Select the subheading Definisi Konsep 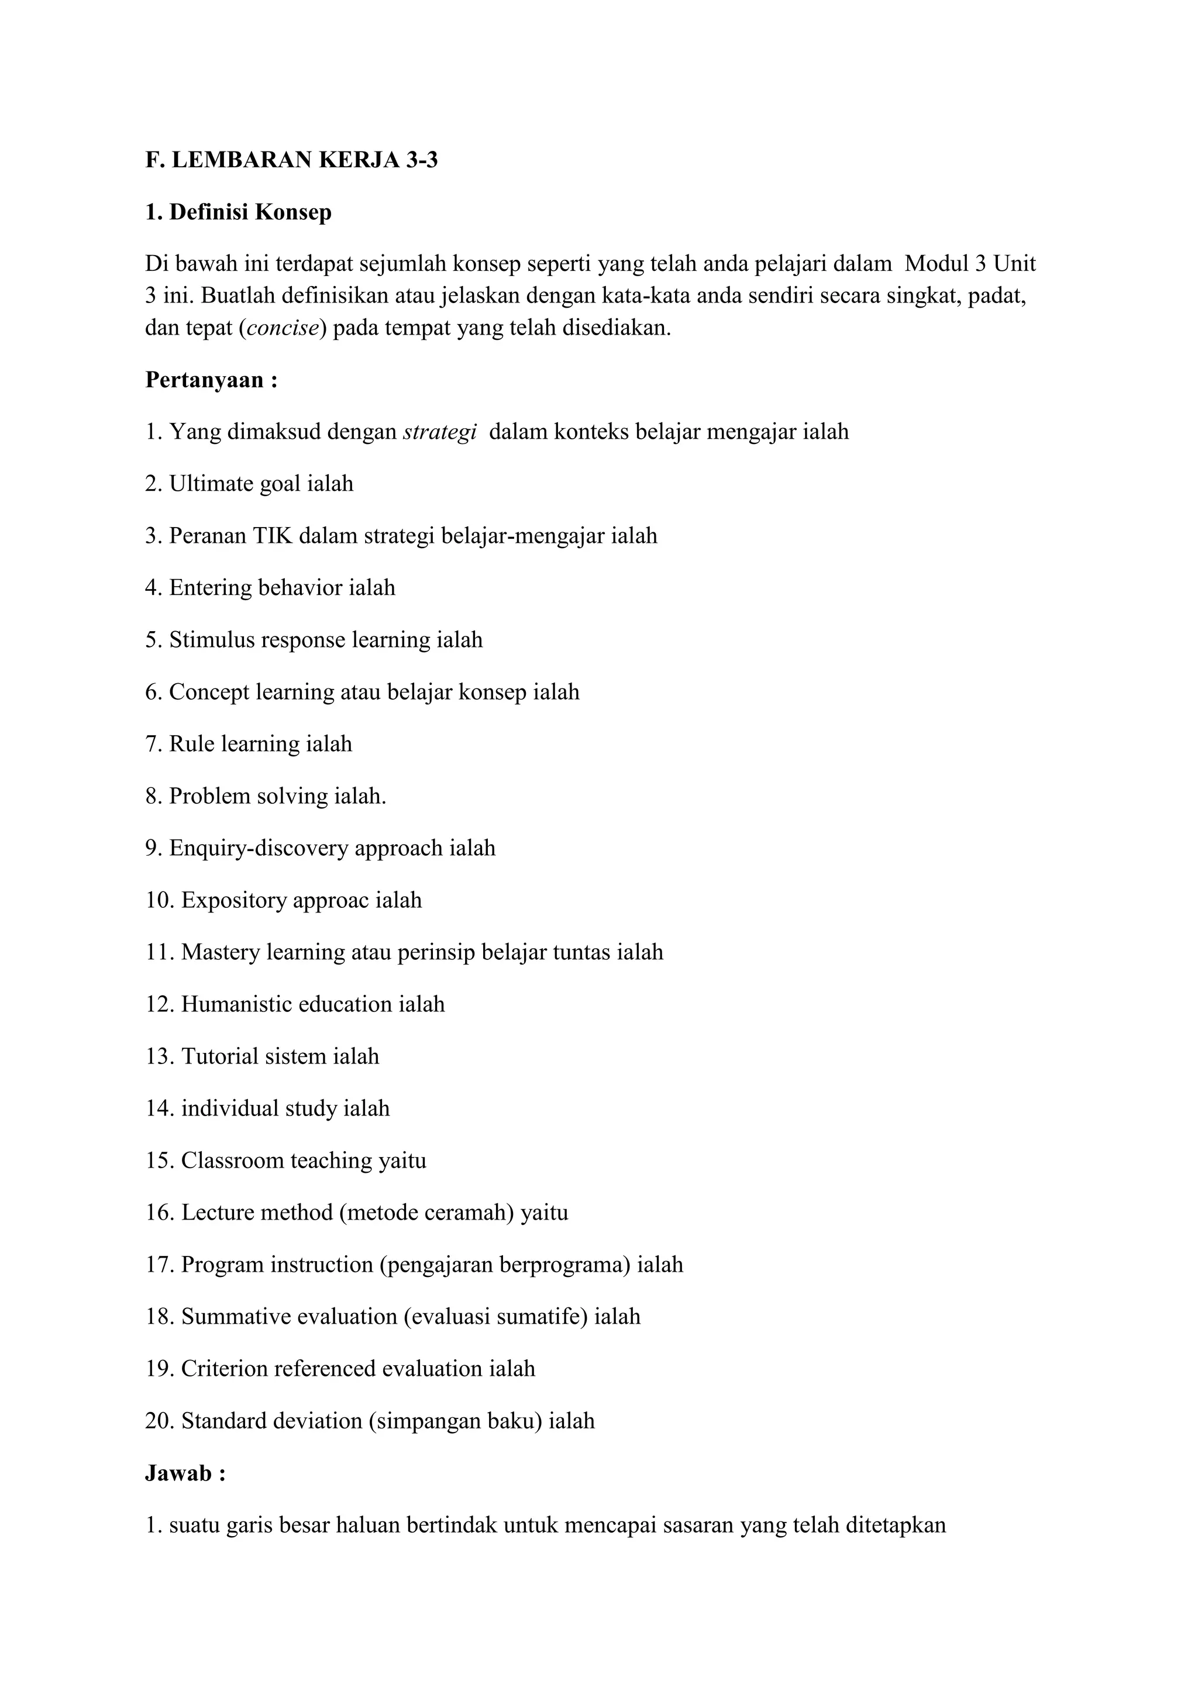pyautogui.click(x=238, y=212)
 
